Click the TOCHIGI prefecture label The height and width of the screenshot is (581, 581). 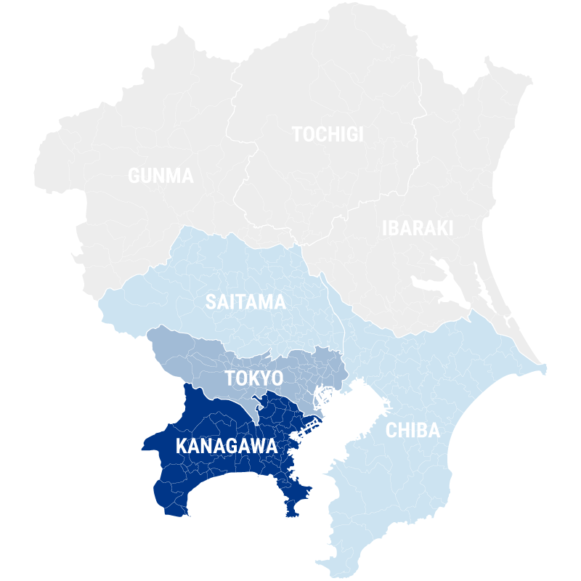pos(328,134)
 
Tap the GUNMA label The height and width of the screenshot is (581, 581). pos(161,176)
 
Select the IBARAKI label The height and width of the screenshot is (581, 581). pos(418,229)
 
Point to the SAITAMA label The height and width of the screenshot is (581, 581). pos(245,302)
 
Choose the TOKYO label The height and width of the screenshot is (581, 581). pos(253,378)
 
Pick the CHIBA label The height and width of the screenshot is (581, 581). pos(413,431)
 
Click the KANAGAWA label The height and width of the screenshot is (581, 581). pos(227,446)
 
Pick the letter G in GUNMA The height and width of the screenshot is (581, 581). pos(134,176)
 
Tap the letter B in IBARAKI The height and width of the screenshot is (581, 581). pos(395,229)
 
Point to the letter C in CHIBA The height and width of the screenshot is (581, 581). pos(391,431)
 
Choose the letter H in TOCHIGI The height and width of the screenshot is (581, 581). pos(332,134)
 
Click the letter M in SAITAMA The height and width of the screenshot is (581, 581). pos(264,302)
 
